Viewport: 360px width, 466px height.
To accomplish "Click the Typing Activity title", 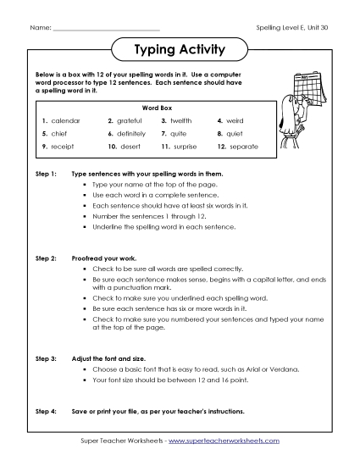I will click(x=180, y=50).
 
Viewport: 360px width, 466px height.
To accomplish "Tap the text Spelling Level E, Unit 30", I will click(x=291, y=28).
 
